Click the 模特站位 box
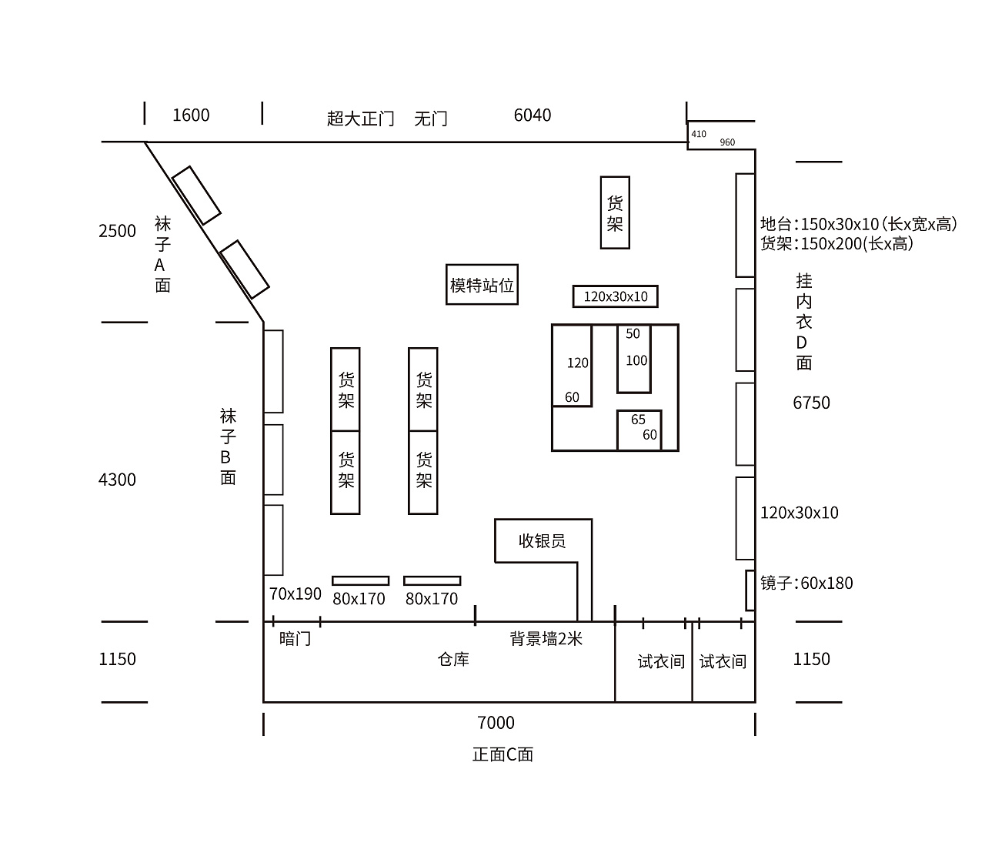tap(482, 285)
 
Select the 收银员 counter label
tap(542, 541)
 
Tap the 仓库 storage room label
tap(453, 660)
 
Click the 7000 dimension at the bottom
tap(496, 723)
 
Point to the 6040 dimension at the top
tap(533, 115)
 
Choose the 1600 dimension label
tap(191, 115)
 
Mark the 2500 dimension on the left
tap(117, 231)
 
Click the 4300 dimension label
tap(117, 480)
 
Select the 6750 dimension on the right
tap(811, 403)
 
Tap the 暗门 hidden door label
tap(295, 639)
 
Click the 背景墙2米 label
tap(546, 639)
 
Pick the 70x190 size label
tap(295, 594)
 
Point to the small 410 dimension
tap(699, 134)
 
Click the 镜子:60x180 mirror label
tap(806, 583)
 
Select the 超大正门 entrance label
tap(360, 119)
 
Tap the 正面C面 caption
tap(503, 754)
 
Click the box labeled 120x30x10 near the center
tap(616, 296)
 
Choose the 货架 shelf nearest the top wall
tap(615, 213)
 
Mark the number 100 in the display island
tap(636, 360)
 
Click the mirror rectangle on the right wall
tap(750, 590)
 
